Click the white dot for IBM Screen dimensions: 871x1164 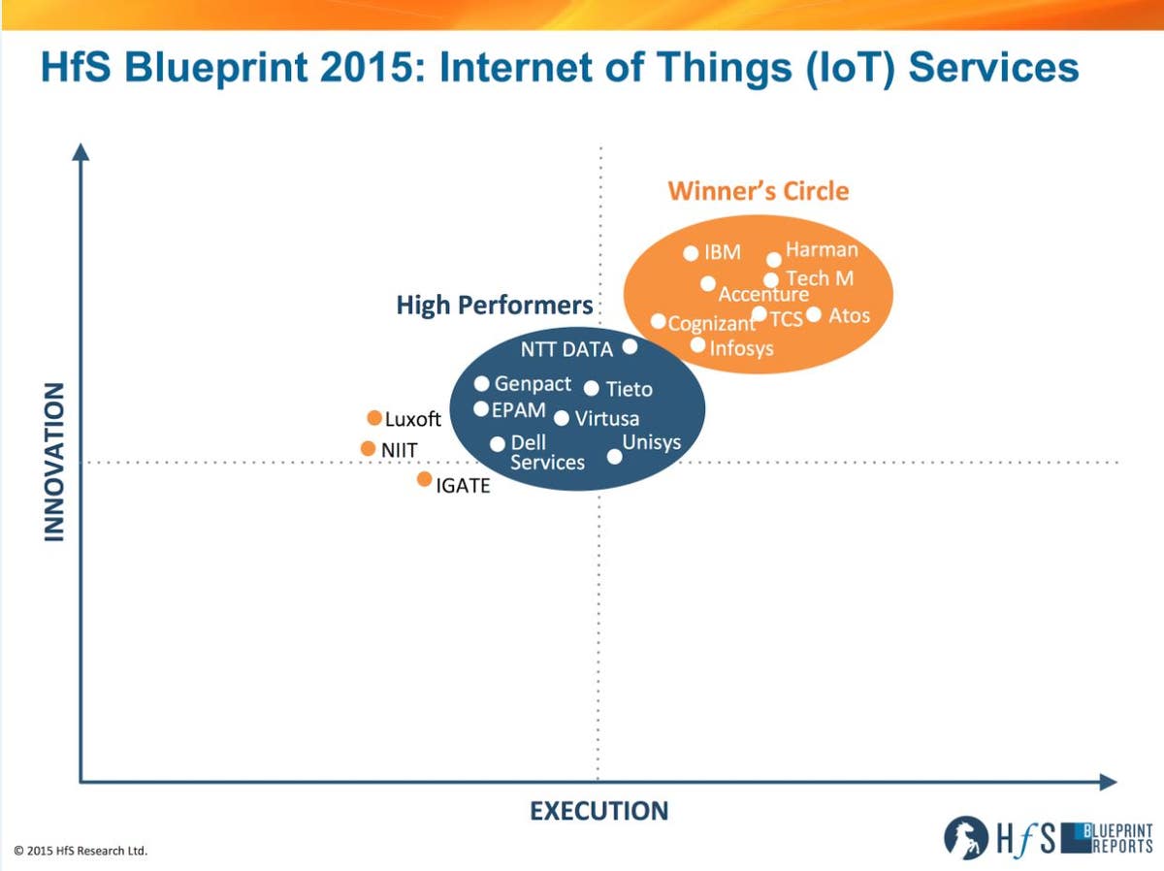point(691,253)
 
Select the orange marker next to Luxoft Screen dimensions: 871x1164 point(374,418)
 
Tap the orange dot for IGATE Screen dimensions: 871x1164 point(424,479)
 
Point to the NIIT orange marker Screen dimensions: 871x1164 point(368,448)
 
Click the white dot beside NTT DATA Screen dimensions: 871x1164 point(630,346)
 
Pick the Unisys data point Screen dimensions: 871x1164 point(614,456)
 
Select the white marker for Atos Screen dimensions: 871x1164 point(814,314)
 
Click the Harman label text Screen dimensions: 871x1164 point(822,249)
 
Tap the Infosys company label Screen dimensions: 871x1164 point(742,347)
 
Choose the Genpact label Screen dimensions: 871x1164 point(533,384)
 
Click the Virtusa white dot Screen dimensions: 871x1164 point(562,418)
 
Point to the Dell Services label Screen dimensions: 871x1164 point(547,452)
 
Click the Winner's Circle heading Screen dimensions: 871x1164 point(758,191)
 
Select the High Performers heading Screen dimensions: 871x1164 point(495,305)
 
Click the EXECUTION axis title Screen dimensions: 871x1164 point(598,811)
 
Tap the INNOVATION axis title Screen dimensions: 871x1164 point(54,461)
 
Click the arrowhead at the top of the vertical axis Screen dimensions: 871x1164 point(81,151)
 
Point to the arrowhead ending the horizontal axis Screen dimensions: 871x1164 point(1108,782)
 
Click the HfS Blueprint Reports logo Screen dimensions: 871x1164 point(1049,837)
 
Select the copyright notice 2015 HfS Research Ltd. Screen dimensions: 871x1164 point(81,851)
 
